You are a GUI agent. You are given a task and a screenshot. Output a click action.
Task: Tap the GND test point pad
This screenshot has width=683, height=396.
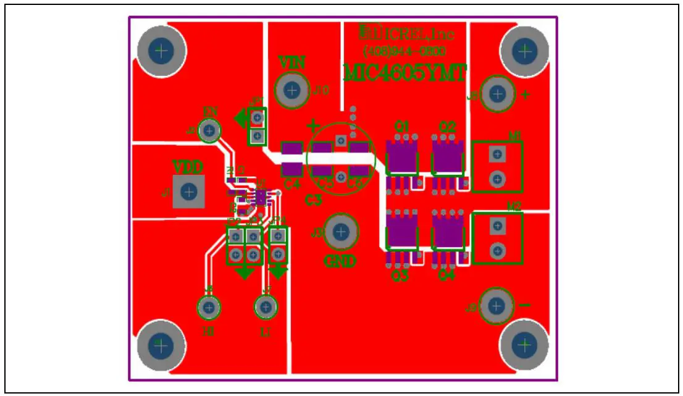(339, 232)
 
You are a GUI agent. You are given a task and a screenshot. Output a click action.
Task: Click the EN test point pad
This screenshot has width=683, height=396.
(211, 130)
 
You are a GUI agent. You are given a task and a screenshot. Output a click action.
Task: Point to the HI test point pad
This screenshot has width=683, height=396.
(209, 307)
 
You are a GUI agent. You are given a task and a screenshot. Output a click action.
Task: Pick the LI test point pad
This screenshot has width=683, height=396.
(266, 306)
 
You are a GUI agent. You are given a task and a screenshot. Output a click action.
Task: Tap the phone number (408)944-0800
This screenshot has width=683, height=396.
(404, 51)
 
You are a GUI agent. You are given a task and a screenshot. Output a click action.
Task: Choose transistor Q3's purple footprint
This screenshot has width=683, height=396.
(401, 234)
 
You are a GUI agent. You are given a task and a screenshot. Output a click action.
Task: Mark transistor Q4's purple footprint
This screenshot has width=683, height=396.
(448, 234)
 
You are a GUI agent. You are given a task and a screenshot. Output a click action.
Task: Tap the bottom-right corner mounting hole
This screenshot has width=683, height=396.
(524, 344)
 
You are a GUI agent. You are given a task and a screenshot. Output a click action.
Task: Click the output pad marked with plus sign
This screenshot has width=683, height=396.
(498, 94)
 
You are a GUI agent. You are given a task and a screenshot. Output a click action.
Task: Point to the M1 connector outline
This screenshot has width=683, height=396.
(497, 166)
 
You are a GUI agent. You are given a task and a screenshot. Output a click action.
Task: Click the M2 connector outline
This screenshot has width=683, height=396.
(497, 238)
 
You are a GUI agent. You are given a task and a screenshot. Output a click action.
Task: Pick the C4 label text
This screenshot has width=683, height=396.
(292, 183)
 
